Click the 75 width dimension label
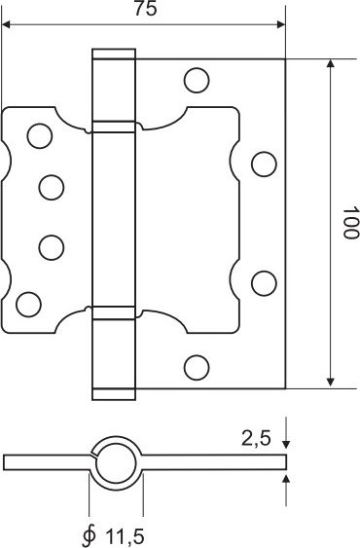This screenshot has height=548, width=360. point(146,10)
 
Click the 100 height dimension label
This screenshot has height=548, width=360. point(350,223)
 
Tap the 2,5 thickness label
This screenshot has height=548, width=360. point(256,438)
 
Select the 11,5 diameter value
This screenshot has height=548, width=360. point(125,537)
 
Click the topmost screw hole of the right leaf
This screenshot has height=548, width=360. point(197,81)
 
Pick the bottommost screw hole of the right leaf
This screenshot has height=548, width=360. point(197,367)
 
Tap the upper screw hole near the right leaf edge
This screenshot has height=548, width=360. point(264,164)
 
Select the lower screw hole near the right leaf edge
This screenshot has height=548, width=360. point(264,283)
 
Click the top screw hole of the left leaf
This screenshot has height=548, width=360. point(40,135)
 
